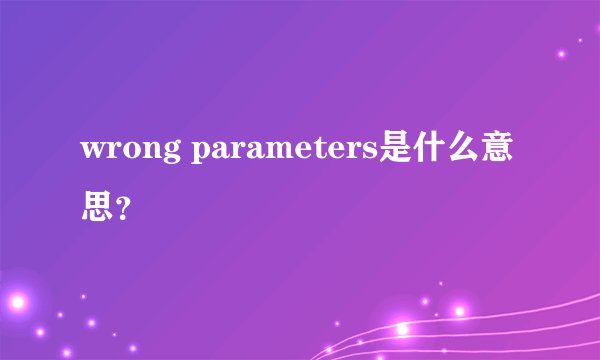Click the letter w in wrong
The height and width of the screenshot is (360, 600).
pos(93,153)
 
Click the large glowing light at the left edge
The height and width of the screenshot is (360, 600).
pos(14,301)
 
